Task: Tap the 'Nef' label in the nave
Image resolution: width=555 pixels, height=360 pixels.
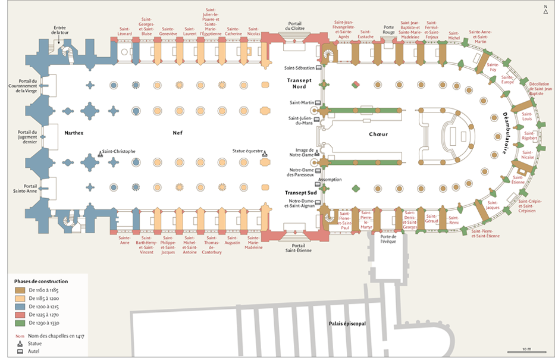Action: [177, 133]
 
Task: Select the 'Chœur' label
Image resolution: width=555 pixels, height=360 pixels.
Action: [378, 134]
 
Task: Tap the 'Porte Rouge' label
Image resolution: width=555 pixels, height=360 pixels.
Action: [389, 30]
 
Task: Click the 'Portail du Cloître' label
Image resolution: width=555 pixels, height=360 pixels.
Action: [295, 26]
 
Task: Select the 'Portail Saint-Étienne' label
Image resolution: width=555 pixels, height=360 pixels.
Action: [298, 247]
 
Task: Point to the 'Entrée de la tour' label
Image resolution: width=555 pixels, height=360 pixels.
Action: [59, 29]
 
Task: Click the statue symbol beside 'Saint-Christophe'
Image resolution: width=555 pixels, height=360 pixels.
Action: [100, 154]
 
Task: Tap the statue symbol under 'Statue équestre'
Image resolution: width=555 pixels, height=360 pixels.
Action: [265, 154]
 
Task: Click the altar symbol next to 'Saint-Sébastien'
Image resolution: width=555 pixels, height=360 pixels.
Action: [319, 68]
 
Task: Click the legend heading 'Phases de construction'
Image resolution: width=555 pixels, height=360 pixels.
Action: [41, 281]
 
